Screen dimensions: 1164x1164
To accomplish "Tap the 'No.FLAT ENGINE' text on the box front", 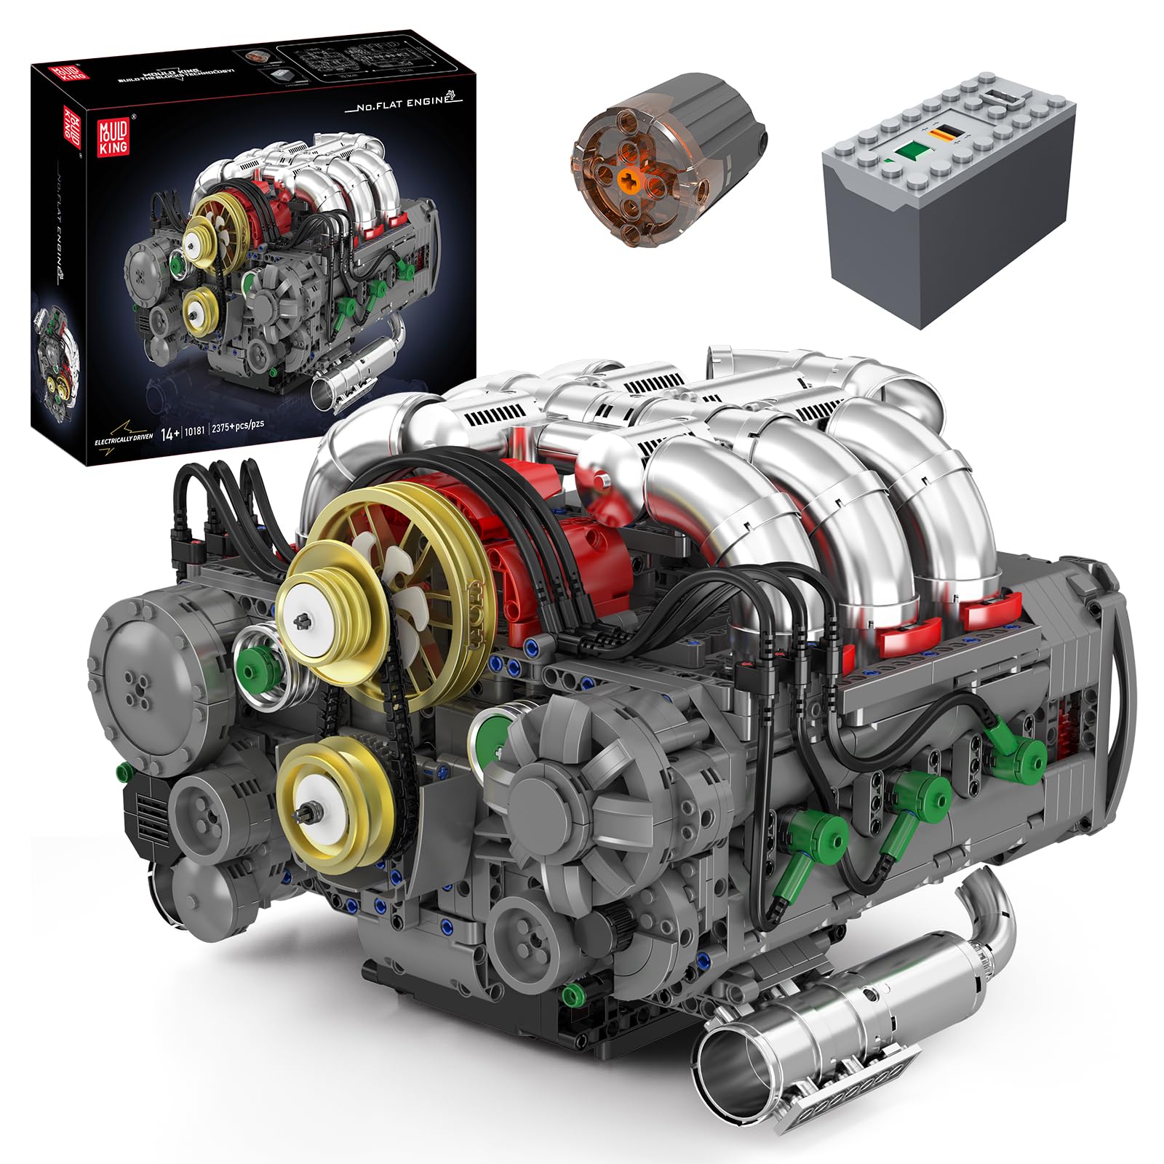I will (x=399, y=102).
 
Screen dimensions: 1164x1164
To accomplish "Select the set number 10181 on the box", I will (x=194, y=430).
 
